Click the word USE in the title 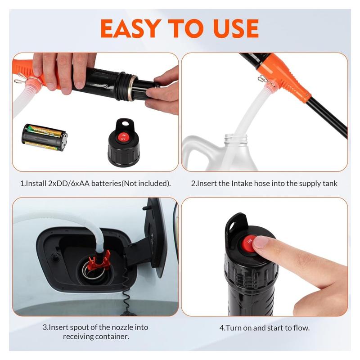(229, 28)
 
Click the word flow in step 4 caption (300, 328)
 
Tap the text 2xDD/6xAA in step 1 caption (64, 184)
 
